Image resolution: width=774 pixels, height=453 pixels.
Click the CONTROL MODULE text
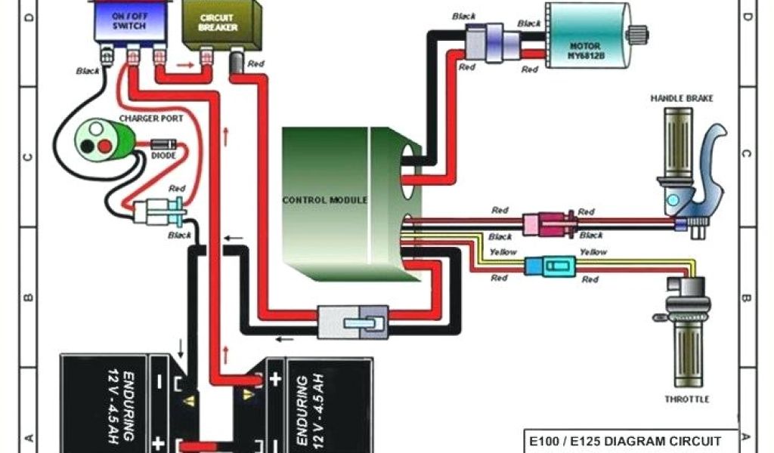(324, 200)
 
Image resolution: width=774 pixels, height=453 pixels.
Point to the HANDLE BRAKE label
(682, 98)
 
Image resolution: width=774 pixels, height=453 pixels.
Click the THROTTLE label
(687, 399)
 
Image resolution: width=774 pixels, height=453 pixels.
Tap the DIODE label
(163, 156)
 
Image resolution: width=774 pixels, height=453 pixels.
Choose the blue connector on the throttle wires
(549, 265)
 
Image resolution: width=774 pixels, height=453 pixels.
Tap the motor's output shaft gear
(639, 32)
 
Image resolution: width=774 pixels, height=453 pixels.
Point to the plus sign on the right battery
(275, 377)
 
